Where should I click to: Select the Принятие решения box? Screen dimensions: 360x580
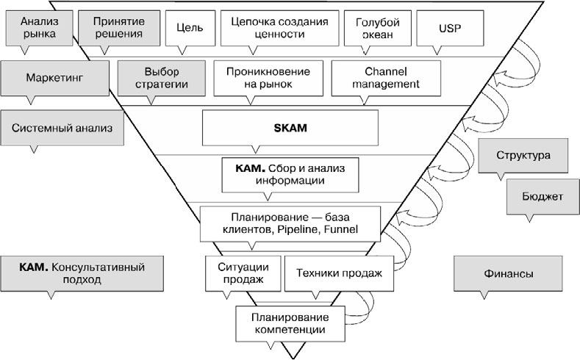pyautogui.click(x=118, y=28)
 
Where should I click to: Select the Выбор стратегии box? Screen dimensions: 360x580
pyautogui.click(x=162, y=77)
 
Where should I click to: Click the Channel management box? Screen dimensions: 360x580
pyautogui.click(x=385, y=77)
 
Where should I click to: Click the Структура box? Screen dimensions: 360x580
pyautogui.click(x=523, y=156)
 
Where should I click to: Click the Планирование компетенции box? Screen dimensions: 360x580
pyautogui.click(x=290, y=323)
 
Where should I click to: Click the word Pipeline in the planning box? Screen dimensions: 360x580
pyautogui.click(x=304, y=229)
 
